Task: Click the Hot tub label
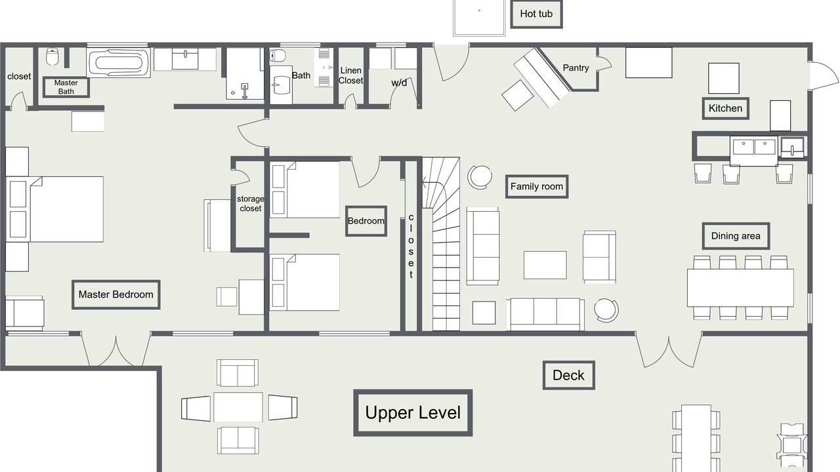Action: coord(536,14)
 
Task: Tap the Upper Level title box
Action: coord(413,413)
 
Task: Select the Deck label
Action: coord(568,376)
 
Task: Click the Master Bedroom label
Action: coord(116,294)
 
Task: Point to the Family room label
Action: coord(537,187)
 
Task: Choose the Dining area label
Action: coord(736,236)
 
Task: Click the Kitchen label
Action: coord(725,109)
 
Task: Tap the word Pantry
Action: coord(576,68)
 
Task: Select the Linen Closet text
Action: coord(350,75)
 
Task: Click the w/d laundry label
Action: coord(399,83)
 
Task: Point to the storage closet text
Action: coord(250,203)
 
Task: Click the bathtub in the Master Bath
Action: coord(119,62)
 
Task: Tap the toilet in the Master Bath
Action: coord(53,56)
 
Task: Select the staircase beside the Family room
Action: coord(441,244)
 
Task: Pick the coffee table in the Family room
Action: coord(545,265)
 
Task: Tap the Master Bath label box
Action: coord(66,87)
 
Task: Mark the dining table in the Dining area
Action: coord(740,288)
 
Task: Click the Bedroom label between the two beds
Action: coord(366,221)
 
